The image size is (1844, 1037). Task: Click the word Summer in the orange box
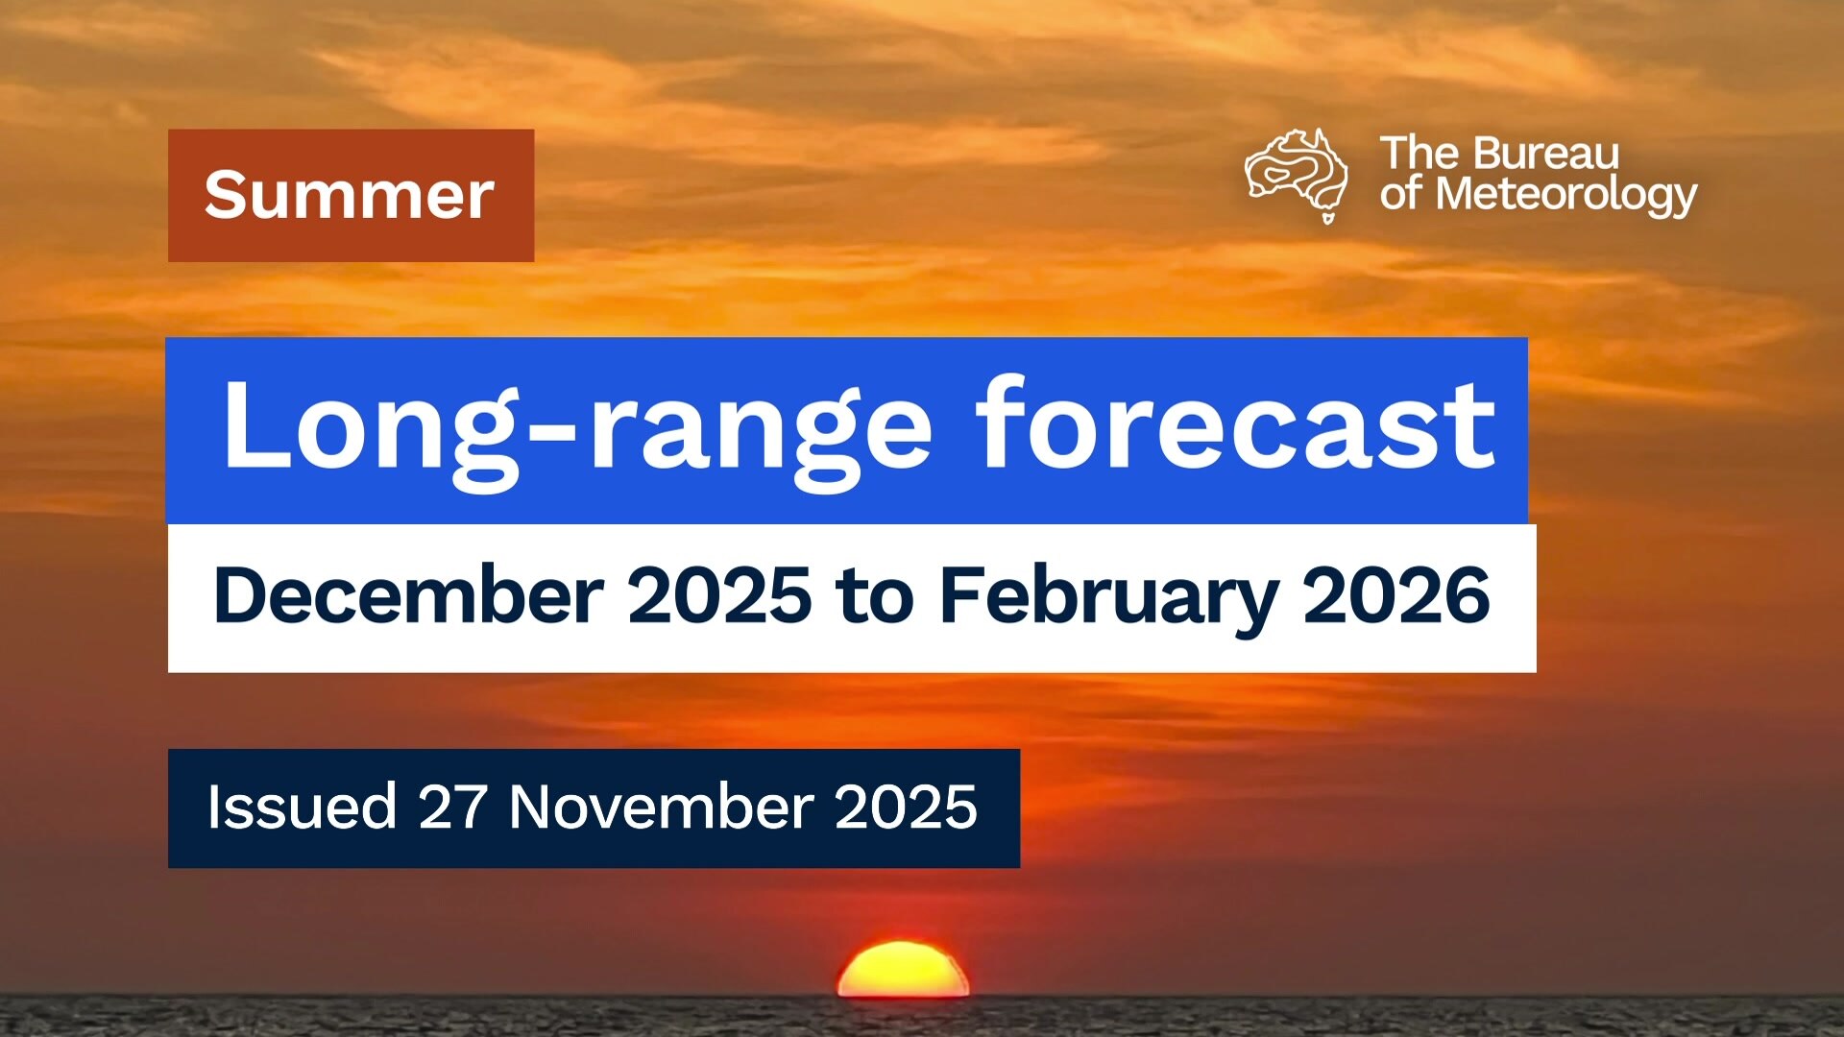pos(349,195)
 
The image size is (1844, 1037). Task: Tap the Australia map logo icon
pos(1296,176)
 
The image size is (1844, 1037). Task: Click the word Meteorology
pos(1566,195)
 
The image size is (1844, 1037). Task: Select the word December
pos(409,595)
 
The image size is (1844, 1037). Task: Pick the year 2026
pos(1396,595)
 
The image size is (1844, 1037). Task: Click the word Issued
pos(302,807)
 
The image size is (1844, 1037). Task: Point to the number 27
pos(452,807)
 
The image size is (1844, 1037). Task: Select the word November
pos(662,807)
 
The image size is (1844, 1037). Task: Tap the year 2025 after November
pos(906,807)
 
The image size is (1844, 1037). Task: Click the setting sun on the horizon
pos(903,970)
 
